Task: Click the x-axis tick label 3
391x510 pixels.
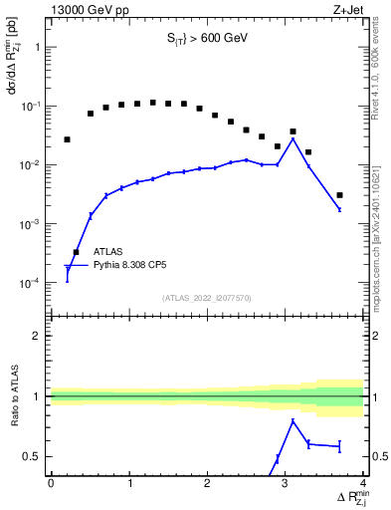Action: pos(286,483)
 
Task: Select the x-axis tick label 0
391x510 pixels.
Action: pos(51,483)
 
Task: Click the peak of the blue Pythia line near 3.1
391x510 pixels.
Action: pos(293,138)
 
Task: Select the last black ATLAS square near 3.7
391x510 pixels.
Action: pos(339,195)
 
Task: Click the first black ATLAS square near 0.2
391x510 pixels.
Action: pos(67,139)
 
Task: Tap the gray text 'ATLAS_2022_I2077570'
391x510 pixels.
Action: pos(207,297)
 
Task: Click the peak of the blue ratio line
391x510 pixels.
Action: pos(293,420)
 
